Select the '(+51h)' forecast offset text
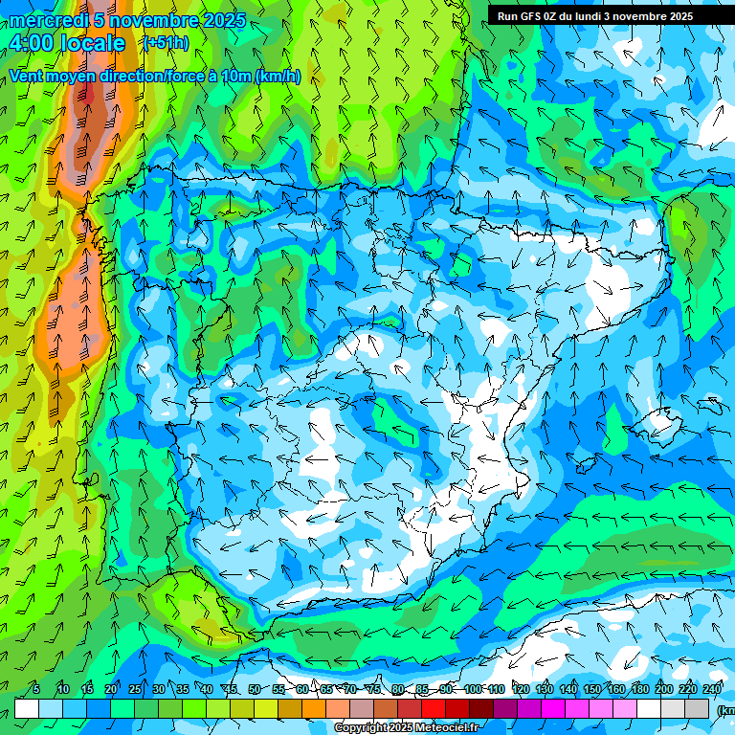pyautogui.click(x=165, y=43)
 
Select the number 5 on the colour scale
pyautogui.click(x=36, y=690)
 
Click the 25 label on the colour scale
pyautogui.click(x=135, y=690)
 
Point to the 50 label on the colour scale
pyautogui.click(x=255, y=690)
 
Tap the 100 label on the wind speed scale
pyautogui.click(x=472, y=690)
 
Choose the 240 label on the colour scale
pyautogui.click(x=711, y=690)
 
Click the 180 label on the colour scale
pyautogui.click(x=639, y=690)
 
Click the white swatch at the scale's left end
pyautogui.click(x=27, y=708)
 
